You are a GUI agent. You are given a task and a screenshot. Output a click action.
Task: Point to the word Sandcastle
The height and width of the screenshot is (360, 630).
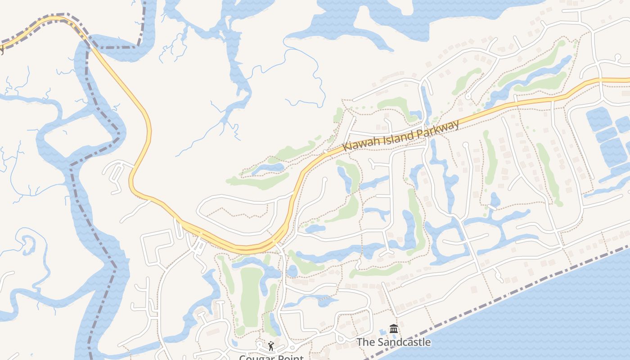pos(404,342)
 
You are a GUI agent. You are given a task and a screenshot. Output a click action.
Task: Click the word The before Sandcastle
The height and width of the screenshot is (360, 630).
pos(365,342)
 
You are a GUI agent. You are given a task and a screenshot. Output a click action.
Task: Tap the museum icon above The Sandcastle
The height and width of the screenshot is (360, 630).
pos(394,329)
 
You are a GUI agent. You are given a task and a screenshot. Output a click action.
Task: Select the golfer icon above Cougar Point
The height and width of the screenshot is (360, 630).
pos(270,346)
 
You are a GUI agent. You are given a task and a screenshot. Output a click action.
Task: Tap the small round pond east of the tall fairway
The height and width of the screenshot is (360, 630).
pos(292,271)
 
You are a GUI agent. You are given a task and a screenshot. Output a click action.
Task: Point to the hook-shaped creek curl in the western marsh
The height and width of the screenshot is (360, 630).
pos(28,243)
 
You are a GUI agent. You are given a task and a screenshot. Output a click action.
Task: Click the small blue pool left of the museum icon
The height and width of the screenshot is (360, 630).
pos(383,333)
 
